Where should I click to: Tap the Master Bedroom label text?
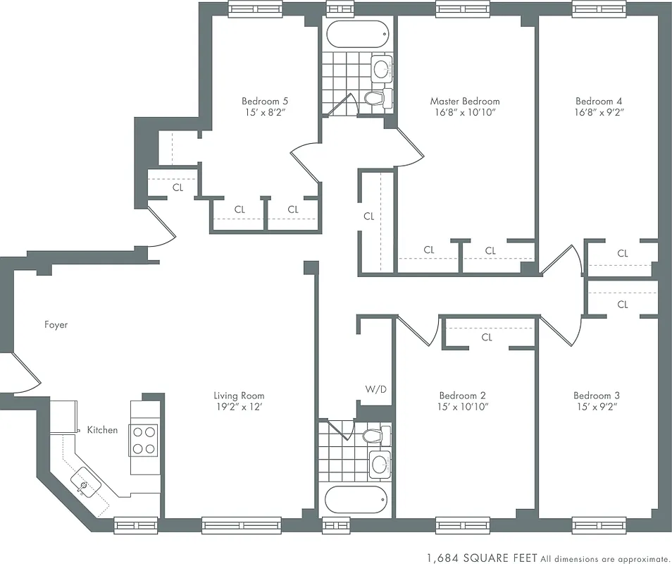pos(465,101)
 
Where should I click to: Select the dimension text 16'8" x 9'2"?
pos(599,112)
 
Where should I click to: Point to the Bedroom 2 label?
pos(462,396)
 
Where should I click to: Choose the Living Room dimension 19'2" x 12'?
pos(239,407)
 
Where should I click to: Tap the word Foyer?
pos(56,325)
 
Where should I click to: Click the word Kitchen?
pos(102,430)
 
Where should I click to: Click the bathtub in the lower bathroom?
pos(356,501)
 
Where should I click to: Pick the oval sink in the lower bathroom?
pos(380,464)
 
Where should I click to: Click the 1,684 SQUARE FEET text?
pos(483,557)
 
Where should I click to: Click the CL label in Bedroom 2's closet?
pos(487,338)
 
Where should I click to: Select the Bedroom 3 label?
pos(597,396)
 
